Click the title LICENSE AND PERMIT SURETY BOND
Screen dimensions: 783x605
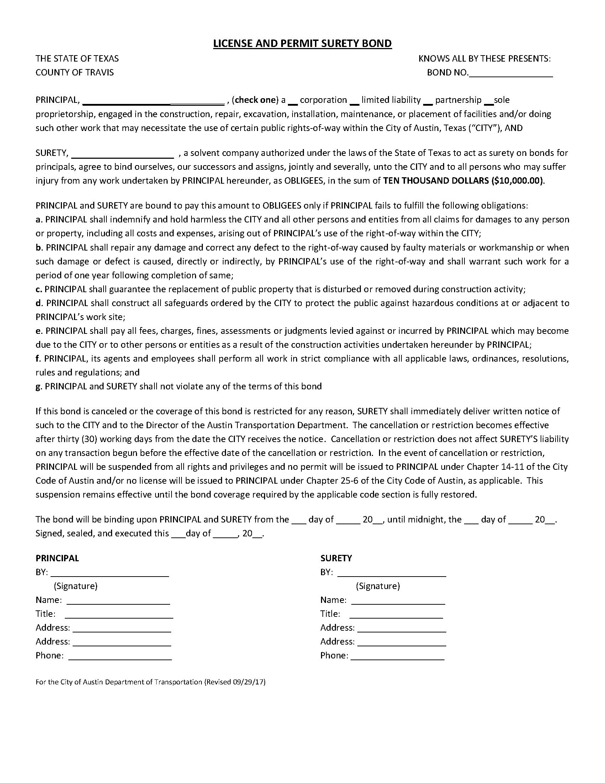pos(302,44)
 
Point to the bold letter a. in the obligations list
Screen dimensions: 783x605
pos(39,219)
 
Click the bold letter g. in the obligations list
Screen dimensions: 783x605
pos(39,387)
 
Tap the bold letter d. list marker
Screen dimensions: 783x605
pos(39,303)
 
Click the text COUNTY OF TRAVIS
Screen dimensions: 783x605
pos(74,72)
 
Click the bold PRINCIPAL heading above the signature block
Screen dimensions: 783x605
pos(57,558)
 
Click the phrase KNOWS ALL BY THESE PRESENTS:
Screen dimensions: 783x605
pos(485,58)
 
